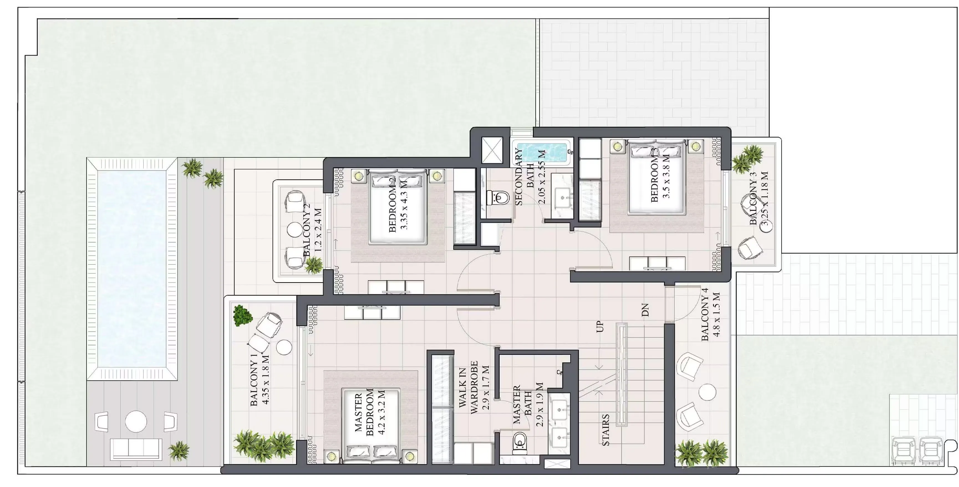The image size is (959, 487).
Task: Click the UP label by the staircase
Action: pyautogui.click(x=600, y=327)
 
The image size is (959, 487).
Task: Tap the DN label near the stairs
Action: pyautogui.click(x=645, y=310)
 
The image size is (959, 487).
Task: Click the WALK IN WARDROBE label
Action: pyautogui.click(x=468, y=387)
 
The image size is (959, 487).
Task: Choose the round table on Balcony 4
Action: pyautogui.click(x=707, y=392)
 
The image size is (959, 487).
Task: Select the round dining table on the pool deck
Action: pyautogui.click(x=136, y=421)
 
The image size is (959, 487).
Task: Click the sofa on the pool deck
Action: pyautogui.click(x=136, y=449)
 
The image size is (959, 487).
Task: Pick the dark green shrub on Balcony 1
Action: pyautogui.click(x=243, y=316)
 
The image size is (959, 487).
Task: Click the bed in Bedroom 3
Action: pyautogui.click(x=657, y=177)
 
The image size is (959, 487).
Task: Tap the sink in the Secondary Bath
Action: pyautogui.click(x=563, y=195)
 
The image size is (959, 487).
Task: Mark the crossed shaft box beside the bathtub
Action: pyautogui.click(x=492, y=150)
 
